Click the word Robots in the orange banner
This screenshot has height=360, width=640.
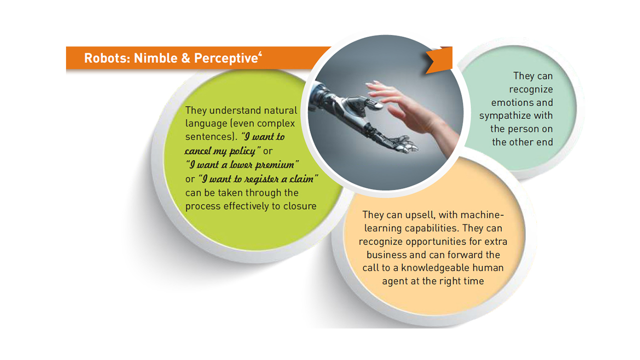(107, 58)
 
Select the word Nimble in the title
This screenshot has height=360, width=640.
(155, 58)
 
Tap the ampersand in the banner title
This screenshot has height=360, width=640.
(185, 58)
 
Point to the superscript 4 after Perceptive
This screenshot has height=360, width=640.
(260, 53)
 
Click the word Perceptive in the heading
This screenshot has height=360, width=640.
(226, 58)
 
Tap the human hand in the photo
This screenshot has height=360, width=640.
(411, 111)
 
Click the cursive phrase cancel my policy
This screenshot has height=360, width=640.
(220, 151)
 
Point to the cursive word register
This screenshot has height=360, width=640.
(261, 179)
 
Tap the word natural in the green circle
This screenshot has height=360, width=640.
(280, 110)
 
